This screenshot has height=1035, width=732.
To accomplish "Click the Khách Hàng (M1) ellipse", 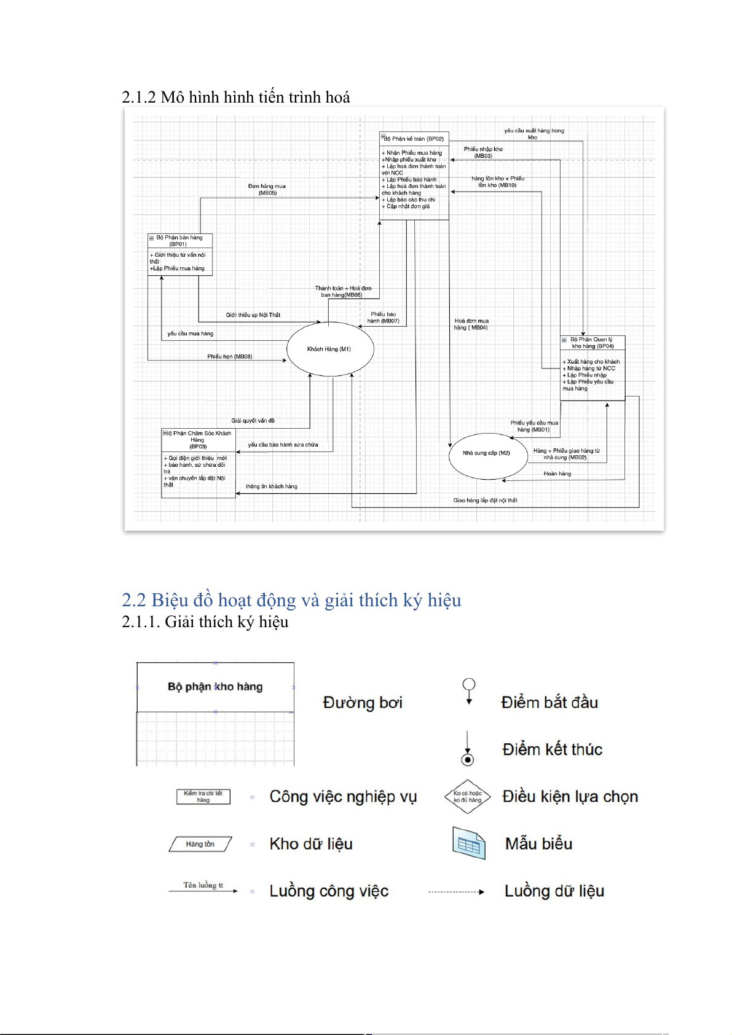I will tap(329, 349).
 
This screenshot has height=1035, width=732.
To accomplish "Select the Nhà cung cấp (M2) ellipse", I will tap(487, 454).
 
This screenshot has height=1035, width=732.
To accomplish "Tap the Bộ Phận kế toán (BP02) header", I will tap(414, 139).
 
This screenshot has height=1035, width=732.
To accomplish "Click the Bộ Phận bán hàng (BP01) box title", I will tap(179, 240).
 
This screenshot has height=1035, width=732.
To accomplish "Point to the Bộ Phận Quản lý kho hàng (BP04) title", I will tap(592, 343).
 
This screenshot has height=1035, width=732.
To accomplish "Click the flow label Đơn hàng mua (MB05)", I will tap(267, 189).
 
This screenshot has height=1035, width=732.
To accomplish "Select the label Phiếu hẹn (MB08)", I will tap(229, 356).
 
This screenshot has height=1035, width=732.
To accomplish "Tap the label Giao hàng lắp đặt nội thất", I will tap(485, 500).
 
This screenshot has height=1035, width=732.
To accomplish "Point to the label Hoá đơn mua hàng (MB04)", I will tap(471, 324).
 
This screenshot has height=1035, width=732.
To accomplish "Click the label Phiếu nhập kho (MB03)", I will tap(483, 152).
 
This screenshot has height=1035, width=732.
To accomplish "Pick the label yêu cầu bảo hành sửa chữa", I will tap(283, 445).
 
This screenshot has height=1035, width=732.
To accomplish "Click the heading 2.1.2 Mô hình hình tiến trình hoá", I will tap(236, 97).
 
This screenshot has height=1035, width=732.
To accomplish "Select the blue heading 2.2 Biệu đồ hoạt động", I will tap(291, 600).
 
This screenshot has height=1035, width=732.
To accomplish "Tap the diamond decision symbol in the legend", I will tap(468, 797).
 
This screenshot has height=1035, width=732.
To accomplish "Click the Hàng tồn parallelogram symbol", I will tap(200, 844).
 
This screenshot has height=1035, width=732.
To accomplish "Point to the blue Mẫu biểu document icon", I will tap(469, 843).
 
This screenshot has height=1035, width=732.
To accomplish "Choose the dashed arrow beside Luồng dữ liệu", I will tap(456, 891).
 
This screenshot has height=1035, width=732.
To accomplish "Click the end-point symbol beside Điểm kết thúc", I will tap(468, 759).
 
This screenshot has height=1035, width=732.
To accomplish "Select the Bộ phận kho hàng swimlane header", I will tap(215, 687).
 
